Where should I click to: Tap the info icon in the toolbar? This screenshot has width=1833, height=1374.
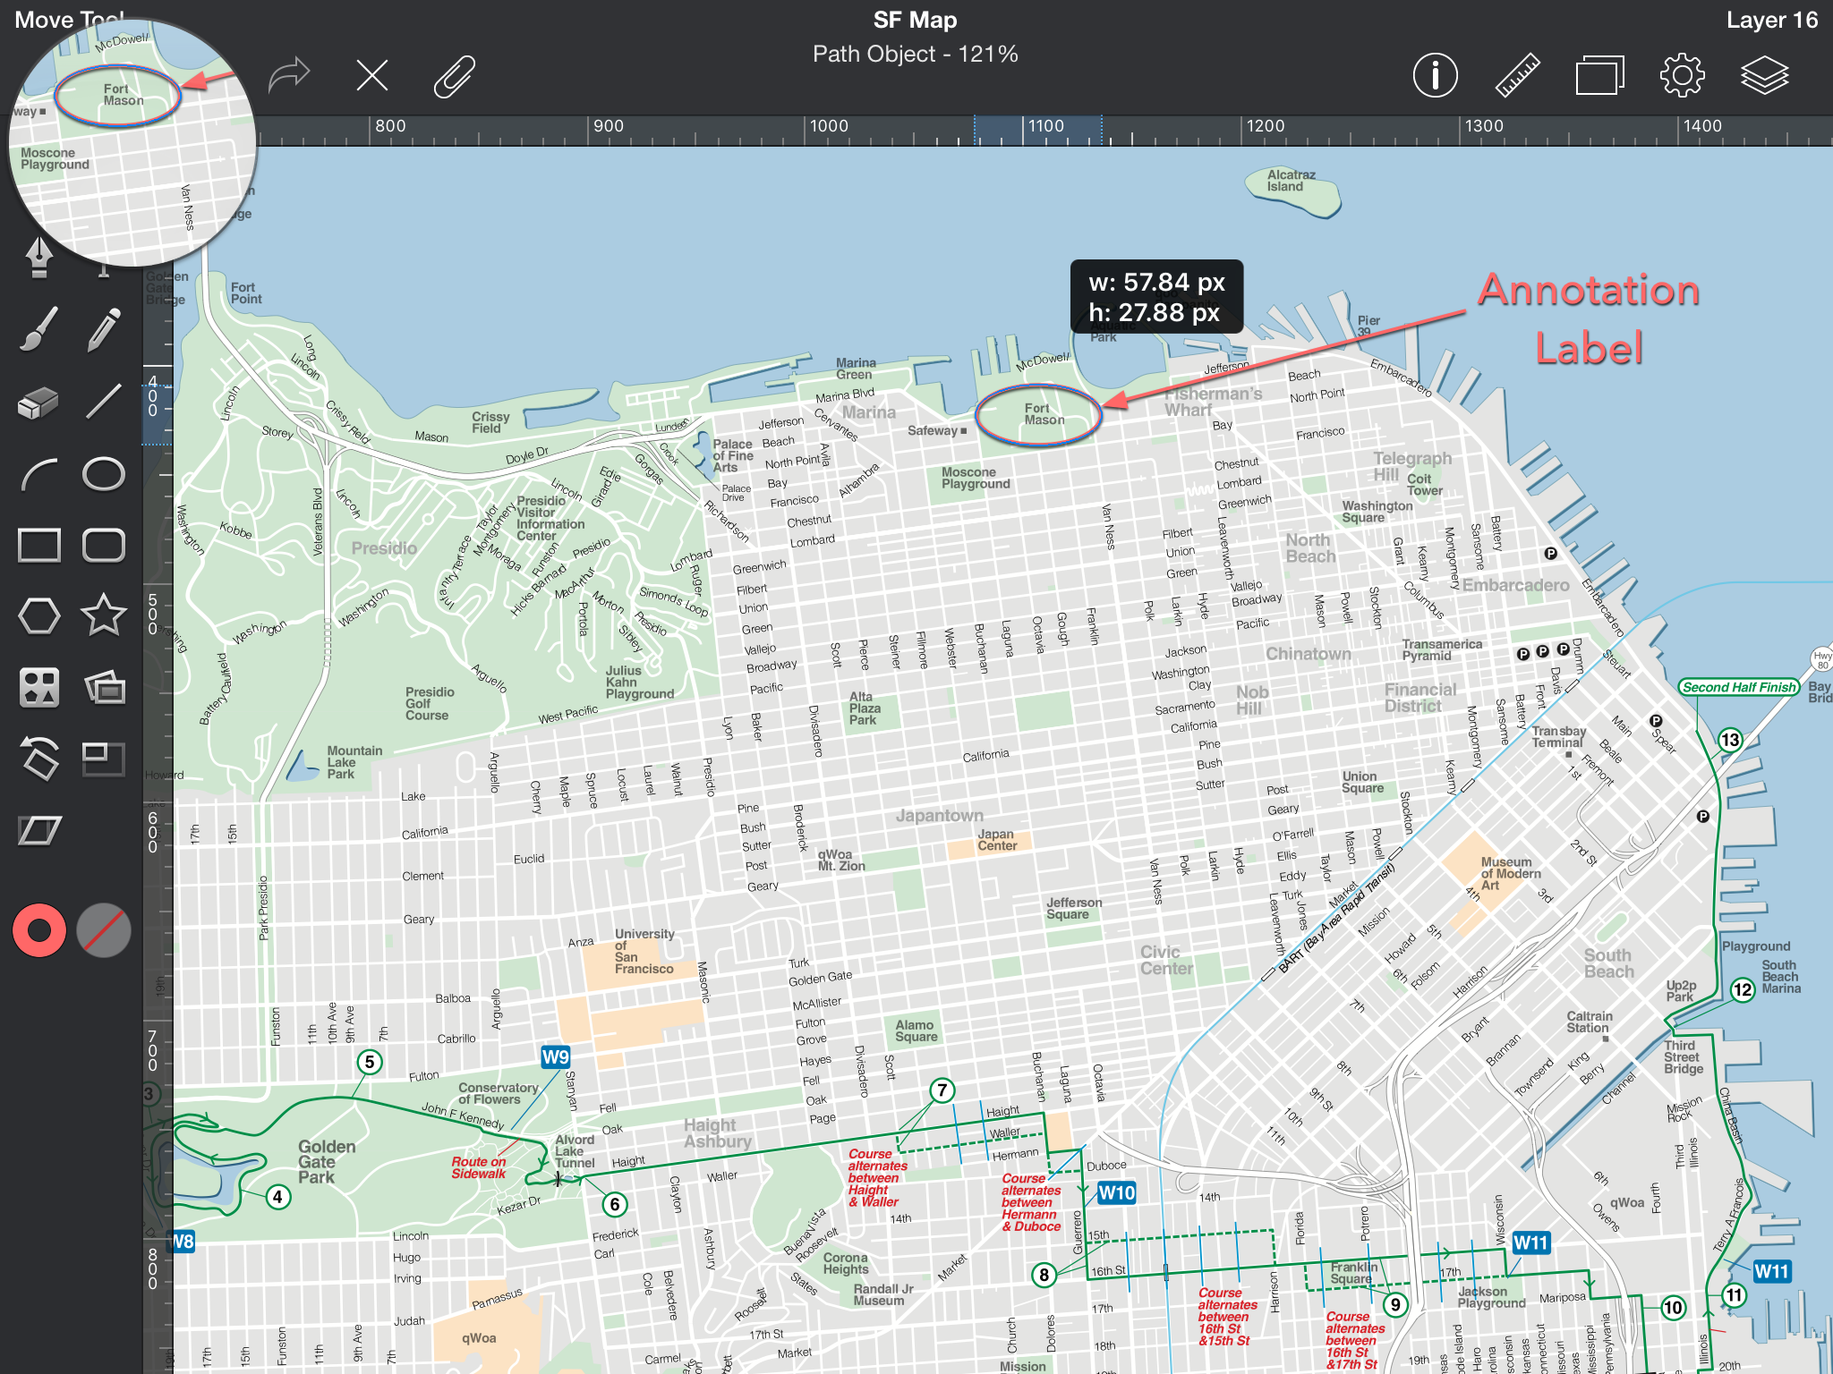(1435, 75)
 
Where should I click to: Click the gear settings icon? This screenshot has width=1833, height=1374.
(1682, 75)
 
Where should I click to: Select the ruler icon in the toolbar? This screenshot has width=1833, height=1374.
(1518, 75)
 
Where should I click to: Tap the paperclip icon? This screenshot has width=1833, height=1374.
(454, 75)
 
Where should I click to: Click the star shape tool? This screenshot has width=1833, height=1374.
(103, 615)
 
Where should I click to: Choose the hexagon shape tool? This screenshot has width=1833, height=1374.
(39, 615)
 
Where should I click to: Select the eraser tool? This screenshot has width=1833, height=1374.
(38, 403)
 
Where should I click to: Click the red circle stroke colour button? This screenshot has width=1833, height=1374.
(39, 930)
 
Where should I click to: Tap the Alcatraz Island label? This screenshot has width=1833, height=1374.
(1291, 181)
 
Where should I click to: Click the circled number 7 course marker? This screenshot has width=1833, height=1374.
(942, 1090)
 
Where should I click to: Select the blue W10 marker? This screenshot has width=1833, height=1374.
(1116, 1192)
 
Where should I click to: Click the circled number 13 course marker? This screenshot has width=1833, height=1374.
(1730, 740)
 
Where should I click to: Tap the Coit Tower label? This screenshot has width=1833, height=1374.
(1424, 485)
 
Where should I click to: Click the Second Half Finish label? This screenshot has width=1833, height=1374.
(1738, 687)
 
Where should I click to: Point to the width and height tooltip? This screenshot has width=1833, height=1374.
(1156, 297)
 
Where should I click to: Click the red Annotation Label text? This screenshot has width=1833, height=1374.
(1589, 318)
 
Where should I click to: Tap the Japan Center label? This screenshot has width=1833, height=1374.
(996, 840)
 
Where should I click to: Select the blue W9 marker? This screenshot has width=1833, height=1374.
(555, 1057)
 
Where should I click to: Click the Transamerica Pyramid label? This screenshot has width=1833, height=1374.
(1441, 649)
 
